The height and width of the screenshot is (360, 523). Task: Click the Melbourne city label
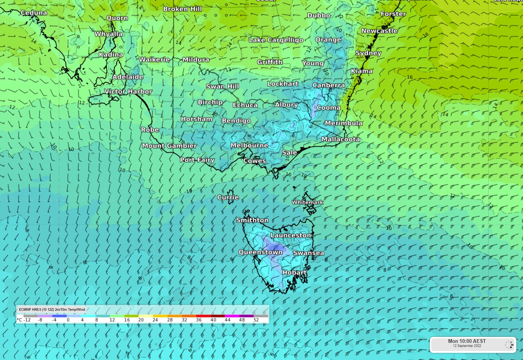tap(249, 145)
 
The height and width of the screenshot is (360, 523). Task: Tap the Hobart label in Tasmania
tap(294, 273)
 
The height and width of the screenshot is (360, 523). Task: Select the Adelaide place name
tap(128, 77)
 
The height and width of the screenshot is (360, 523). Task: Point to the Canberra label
tap(328, 85)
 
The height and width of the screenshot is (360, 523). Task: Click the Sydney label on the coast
tap(368, 53)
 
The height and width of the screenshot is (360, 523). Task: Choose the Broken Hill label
tap(182, 9)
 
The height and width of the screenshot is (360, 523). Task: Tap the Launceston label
tap(291, 235)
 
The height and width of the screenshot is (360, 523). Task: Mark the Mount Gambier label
tap(169, 146)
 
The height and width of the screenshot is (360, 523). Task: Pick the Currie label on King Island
tap(228, 197)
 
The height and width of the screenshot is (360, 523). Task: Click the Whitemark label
tap(308, 202)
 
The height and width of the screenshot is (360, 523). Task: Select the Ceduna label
tap(34, 13)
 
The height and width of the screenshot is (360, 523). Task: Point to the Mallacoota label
tap(340, 139)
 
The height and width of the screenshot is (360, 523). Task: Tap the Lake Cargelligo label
tap(276, 40)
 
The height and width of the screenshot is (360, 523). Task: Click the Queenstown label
tap(261, 252)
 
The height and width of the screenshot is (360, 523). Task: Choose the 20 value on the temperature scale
tap(141, 320)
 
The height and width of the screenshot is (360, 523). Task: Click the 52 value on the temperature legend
tap(256, 320)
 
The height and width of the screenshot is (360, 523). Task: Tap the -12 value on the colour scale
tap(27, 320)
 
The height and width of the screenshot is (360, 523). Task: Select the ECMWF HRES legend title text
tap(52, 309)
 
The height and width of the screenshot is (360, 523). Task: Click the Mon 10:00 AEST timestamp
tap(467, 341)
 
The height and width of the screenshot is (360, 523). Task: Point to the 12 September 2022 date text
tap(467, 346)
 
